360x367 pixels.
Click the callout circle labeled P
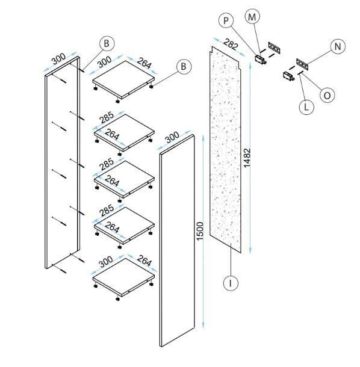[x=226, y=20]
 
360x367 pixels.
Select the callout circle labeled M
[x=252, y=17]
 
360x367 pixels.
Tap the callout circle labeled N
[x=338, y=46]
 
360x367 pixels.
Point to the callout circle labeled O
[x=327, y=95]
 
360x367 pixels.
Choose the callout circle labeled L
[x=306, y=107]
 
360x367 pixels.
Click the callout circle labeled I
[x=231, y=283]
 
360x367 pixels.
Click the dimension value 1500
[x=200, y=231]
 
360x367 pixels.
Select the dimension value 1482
[x=247, y=158]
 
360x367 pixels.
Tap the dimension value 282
[x=231, y=44]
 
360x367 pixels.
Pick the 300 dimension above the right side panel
[x=172, y=137]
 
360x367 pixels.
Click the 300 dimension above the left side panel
[x=58, y=59]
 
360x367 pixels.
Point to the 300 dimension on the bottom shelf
[x=106, y=262]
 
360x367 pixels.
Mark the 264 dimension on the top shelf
[x=144, y=63]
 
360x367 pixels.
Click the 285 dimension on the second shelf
[x=107, y=117]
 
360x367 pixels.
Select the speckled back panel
[x=225, y=150]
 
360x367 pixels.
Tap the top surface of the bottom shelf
[x=123, y=276]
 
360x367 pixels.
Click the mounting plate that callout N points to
[x=302, y=64]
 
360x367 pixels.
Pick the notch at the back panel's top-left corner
[x=211, y=49]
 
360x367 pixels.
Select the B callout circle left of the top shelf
[x=107, y=43]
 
